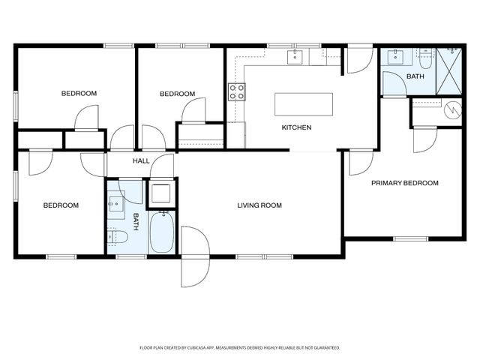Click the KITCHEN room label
click(296, 127)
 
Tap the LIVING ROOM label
click(259, 205)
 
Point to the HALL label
click(141, 161)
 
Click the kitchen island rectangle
click(304, 103)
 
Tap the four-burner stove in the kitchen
click(237, 92)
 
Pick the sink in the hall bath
click(116, 203)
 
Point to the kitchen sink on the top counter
click(295, 56)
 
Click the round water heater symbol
click(452, 110)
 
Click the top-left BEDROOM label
click(79, 94)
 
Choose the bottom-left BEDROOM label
click(61, 205)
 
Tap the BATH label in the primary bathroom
click(415, 77)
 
